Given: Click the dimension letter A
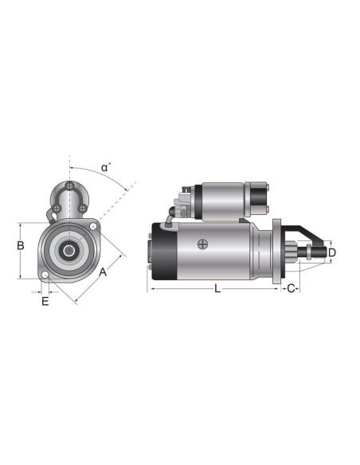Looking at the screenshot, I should point(103,272).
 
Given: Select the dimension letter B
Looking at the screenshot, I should point(21,246).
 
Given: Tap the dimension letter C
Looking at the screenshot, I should point(292,288).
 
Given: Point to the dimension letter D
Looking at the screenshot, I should point(332,252).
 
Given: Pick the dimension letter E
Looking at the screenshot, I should point(45,301).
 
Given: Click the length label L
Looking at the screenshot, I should point(217,288).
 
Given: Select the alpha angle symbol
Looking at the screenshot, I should point(105,168).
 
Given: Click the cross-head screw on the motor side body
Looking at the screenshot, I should point(203,244).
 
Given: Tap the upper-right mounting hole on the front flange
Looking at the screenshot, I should point(94,228).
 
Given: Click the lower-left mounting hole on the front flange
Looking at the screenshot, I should point(45,276).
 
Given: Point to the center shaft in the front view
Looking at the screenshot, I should point(69,251).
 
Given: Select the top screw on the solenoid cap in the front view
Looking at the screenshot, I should point(70,187).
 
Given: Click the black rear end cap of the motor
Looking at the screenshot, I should point(163,251).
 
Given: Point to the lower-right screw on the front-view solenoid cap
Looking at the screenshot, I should point(82,209).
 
